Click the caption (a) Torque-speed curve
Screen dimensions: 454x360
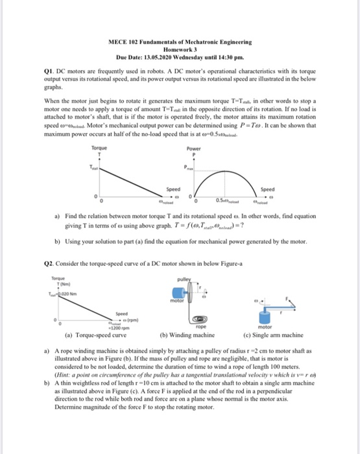[95, 335]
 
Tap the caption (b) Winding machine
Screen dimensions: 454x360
[187, 335]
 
